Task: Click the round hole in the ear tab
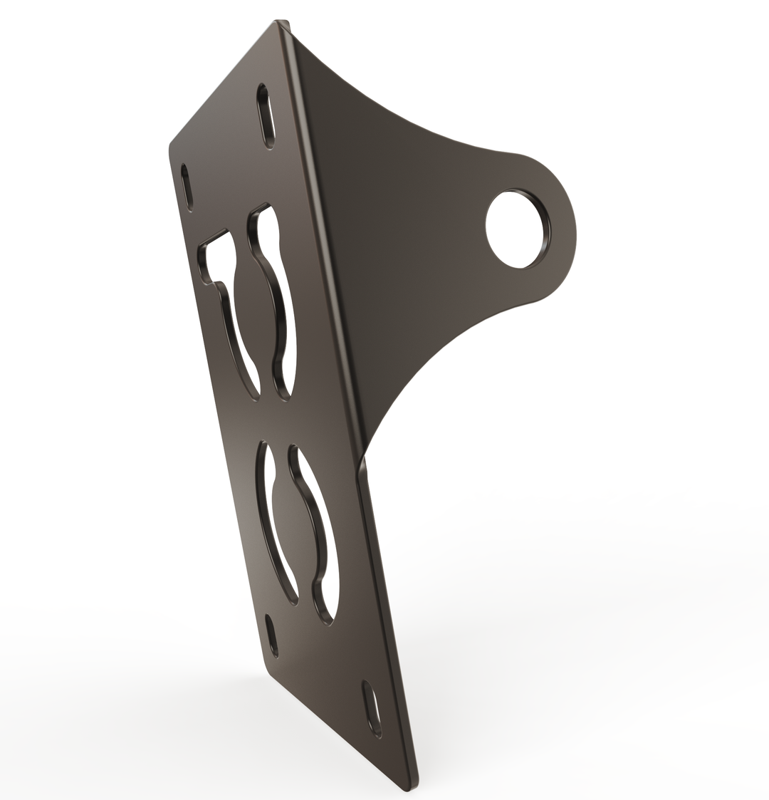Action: coord(517,229)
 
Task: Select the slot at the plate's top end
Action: coord(266,116)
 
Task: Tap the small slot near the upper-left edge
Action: coord(187,187)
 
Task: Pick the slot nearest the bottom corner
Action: coord(372,709)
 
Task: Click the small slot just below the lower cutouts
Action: coord(271,635)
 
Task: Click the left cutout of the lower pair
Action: coord(274,520)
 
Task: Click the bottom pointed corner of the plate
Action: coord(407,788)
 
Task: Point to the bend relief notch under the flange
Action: coord(363,467)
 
